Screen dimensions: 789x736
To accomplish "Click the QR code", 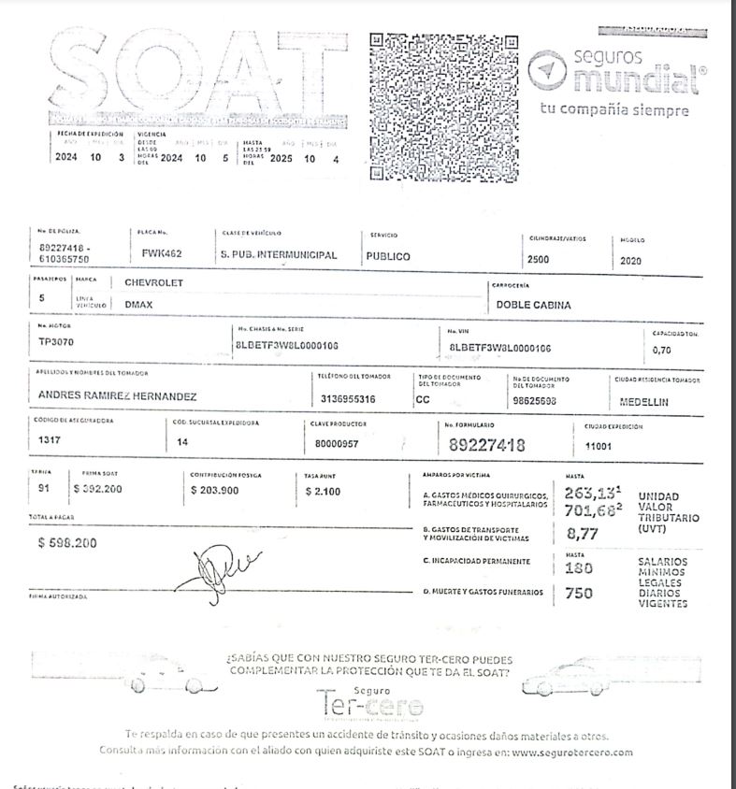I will pyautogui.click(x=444, y=108).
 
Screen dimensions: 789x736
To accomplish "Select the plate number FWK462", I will pyautogui.click(x=162, y=253).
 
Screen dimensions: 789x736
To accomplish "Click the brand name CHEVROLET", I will pyautogui.click(x=154, y=282).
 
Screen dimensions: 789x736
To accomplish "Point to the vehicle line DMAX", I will pyautogui.click(x=139, y=304).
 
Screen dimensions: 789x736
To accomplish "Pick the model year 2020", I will pyautogui.click(x=631, y=261).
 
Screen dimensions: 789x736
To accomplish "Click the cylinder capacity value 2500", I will pyautogui.click(x=539, y=260).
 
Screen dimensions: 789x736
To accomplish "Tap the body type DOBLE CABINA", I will pyautogui.click(x=534, y=305).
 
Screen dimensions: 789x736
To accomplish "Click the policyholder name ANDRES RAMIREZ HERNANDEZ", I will pyautogui.click(x=117, y=396).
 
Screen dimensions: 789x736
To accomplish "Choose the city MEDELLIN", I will pyautogui.click(x=644, y=402).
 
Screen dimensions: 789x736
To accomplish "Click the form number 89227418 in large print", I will pyautogui.click(x=486, y=445).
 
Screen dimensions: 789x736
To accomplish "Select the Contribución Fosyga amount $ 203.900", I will pyautogui.click(x=214, y=489).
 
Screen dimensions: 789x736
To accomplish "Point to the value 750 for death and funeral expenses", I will pyautogui.click(x=579, y=593).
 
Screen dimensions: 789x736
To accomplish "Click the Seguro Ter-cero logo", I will pyautogui.click(x=370, y=701).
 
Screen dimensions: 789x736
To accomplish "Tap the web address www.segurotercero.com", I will pyautogui.click(x=572, y=752).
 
